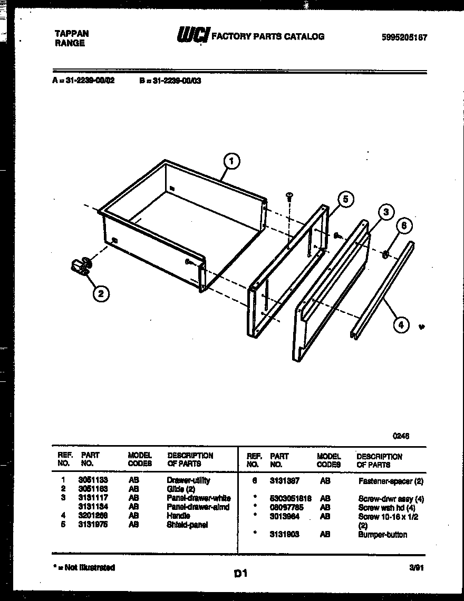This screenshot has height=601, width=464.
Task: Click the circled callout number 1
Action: (231, 162)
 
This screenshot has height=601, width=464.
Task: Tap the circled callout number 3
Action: (386, 212)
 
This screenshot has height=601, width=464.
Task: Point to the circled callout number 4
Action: (401, 325)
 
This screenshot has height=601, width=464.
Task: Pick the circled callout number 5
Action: (345, 199)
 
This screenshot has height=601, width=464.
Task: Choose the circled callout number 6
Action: (404, 225)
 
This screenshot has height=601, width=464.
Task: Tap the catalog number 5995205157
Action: (404, 37)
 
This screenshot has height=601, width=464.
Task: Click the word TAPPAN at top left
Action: (72, 33)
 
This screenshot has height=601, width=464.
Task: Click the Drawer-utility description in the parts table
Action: (188, 480)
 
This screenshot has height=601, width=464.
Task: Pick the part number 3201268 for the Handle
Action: (93, 516)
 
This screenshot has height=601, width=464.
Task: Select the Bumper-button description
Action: (383, 535)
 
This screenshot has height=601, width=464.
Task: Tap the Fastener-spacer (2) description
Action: (391, 481)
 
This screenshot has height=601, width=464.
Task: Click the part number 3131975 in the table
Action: (93, 525)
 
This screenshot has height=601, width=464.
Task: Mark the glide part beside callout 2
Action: (80, 265)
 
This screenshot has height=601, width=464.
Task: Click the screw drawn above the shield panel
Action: (289, 196)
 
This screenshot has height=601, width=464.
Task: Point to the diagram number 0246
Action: (401, 436)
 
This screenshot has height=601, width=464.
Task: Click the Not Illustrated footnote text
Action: (85, 567)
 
